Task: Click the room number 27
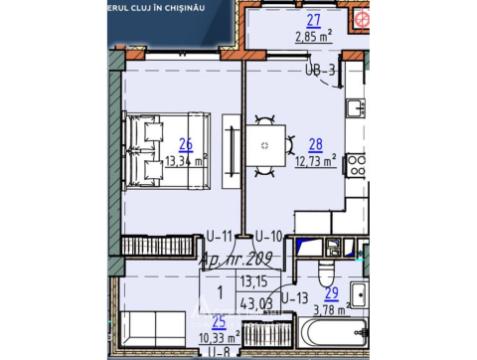(313, 21)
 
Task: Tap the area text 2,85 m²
(314, 39)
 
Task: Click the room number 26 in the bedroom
(185, 142)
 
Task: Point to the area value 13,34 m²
(186, 160)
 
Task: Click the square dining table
(264, 146)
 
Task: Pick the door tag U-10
(269, 237)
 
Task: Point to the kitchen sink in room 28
(357, 107)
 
